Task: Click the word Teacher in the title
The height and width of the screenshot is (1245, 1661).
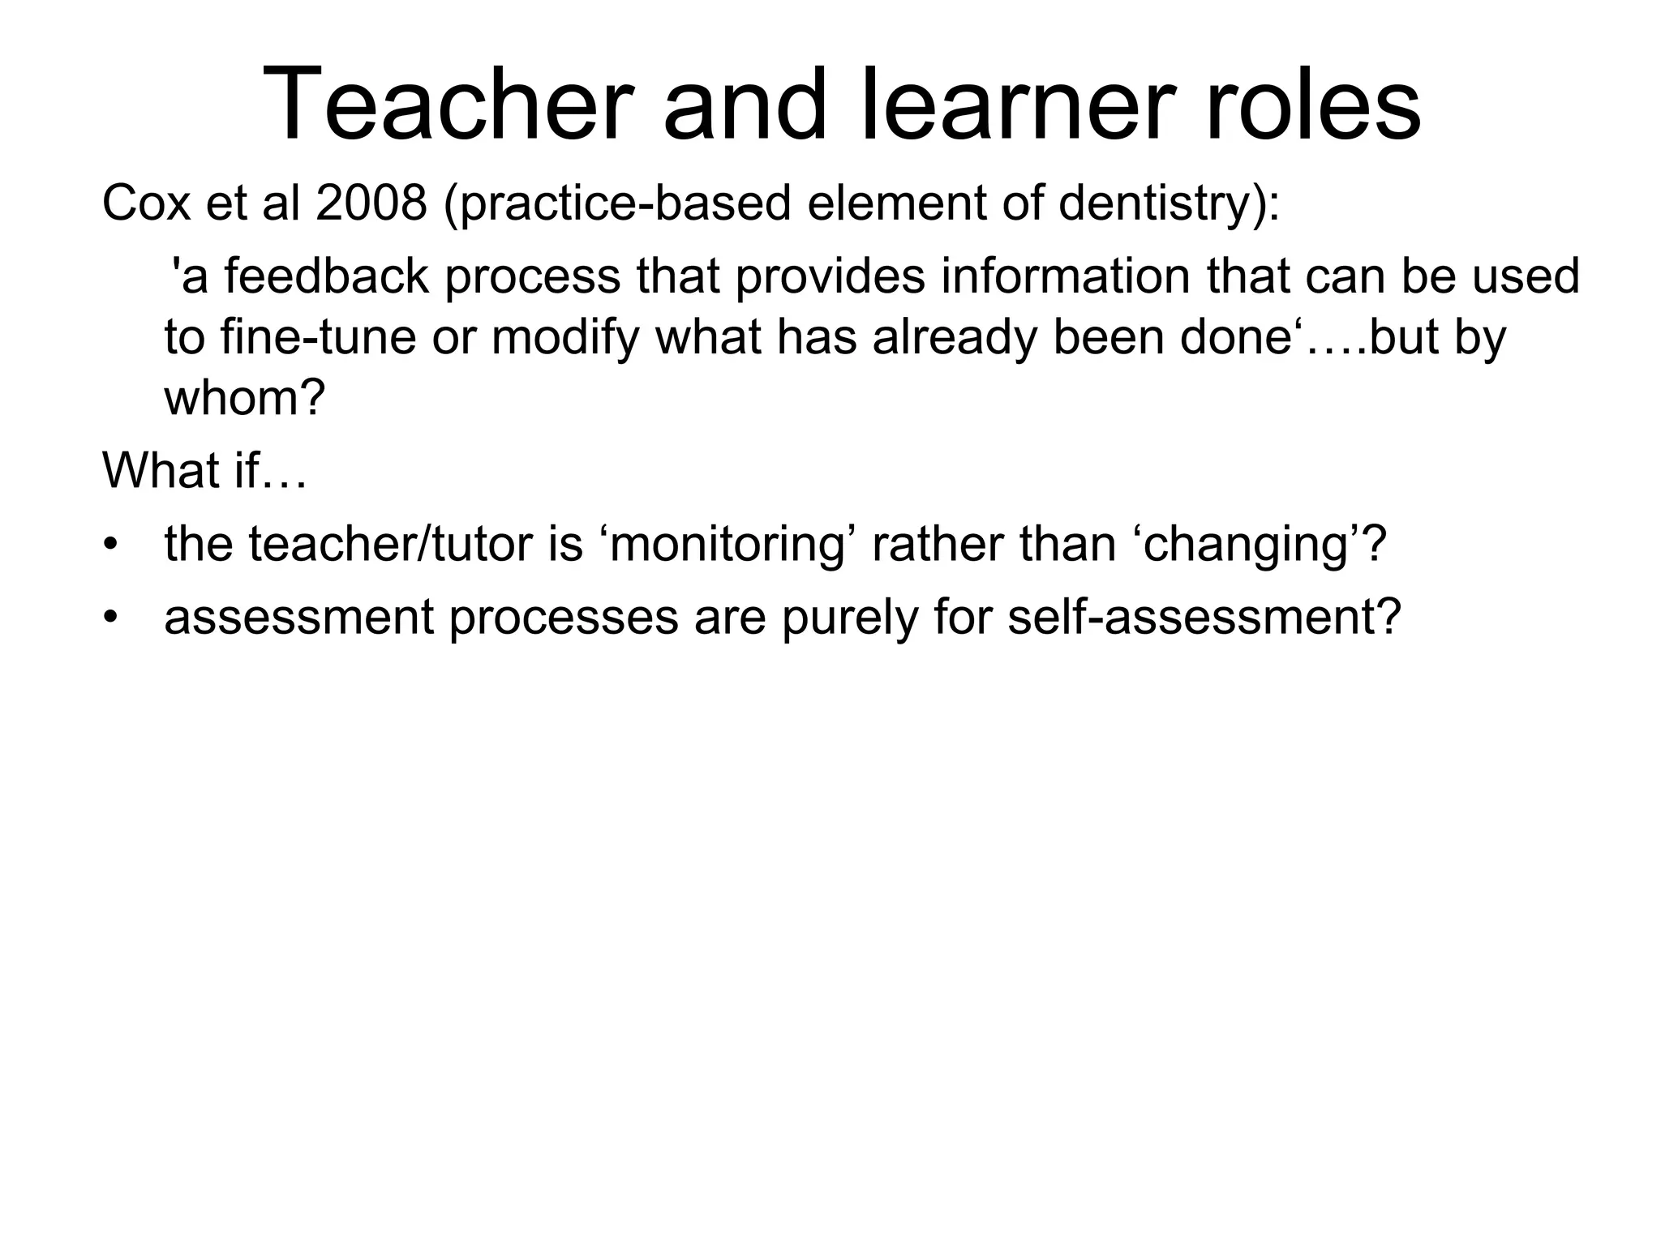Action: coord(447,106)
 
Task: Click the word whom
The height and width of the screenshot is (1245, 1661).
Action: coord(244,397)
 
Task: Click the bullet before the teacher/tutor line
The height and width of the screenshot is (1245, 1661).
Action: coord(110,544)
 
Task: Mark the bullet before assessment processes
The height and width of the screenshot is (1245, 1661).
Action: coord(110,617)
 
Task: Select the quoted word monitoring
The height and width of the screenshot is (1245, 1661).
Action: coord(729,544)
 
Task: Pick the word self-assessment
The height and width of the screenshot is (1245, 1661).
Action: coord(1204,617)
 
